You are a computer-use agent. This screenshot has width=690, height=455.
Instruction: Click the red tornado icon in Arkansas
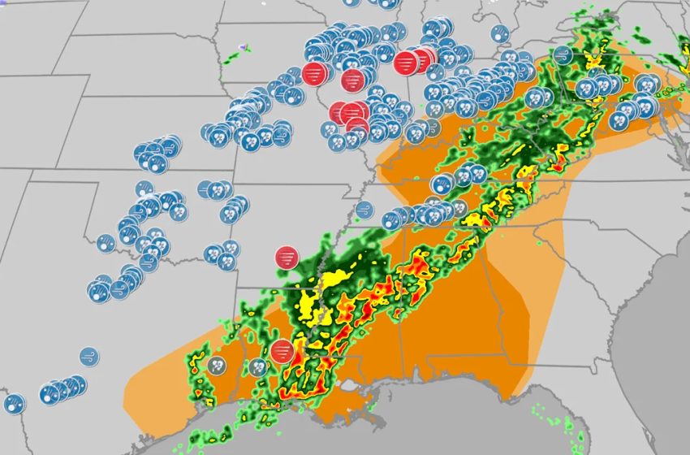pyautogui.click(x=286, y=258)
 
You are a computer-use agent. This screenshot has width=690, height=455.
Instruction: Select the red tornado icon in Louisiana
pyautogui.click(x=282, y=352)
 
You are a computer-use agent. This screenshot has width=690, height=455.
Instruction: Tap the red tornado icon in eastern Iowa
pyautogui.click(x=313, y=74)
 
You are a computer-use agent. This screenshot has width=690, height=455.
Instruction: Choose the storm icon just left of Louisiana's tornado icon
pyautogui.click(x=258, y=366)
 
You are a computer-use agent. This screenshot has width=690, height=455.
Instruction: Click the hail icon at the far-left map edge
pyautogui.click(x=14, y=403)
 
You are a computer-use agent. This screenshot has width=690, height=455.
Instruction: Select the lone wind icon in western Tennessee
pyautogui.click(x=364, y=209)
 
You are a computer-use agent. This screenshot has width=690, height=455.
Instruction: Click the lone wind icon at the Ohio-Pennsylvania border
pyautogui.click(x=563, y=55)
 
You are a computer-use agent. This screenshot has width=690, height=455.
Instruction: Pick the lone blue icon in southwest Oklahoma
pyautogui.click(x=106, y=242)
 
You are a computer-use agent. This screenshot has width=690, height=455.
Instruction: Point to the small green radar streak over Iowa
pyautogui.click(x=234, y=56)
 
